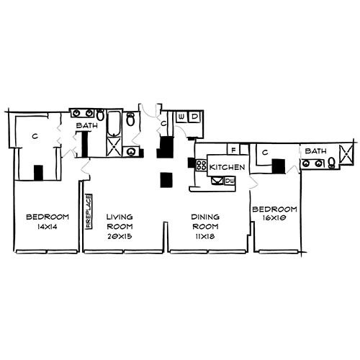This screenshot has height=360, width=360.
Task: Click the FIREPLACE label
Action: (89, 212)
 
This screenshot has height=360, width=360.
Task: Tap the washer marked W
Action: (181, 117)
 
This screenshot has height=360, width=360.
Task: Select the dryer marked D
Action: (194, 117)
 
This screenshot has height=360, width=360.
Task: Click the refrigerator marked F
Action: (233, 149)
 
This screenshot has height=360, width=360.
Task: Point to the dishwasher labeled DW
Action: (230, 181)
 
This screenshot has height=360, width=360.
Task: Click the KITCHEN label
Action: (227, 167)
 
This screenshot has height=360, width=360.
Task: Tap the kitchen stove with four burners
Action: (202, 166)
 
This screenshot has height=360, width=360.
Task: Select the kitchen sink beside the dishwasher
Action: (217, 181)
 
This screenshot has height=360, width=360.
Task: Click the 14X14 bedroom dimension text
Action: (48, 227)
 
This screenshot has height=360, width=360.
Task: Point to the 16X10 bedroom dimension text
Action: (274, 218)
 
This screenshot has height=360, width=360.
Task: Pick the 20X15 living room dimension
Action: (120, 236)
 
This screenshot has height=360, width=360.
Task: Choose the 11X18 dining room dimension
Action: (205, 236)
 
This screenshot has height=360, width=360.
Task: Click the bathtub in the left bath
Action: (114, 124)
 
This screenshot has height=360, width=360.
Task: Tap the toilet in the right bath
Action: (332, 162)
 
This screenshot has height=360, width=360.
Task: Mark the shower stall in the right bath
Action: (346, 154)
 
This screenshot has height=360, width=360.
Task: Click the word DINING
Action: (205, 217)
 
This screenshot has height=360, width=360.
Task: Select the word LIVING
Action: (120, 217)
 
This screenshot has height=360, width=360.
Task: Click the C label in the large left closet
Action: (35, 136)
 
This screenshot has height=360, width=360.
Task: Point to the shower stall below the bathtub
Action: (114, 147)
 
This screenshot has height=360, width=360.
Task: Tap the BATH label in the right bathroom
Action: (315, 151)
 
